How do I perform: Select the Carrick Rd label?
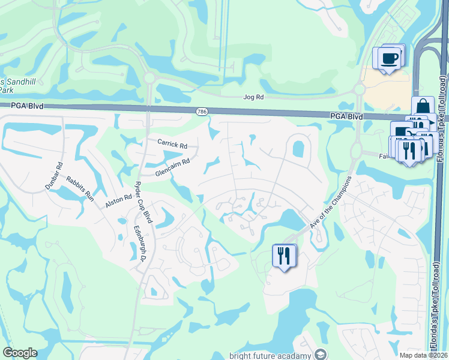(172, 144)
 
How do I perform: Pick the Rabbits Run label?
(80, 188)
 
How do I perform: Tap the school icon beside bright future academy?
(321, 355)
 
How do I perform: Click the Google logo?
(20, 353)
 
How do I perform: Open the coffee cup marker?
(388, 58)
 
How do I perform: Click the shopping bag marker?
(423, 106)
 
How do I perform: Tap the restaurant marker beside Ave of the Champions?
(284, 256)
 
